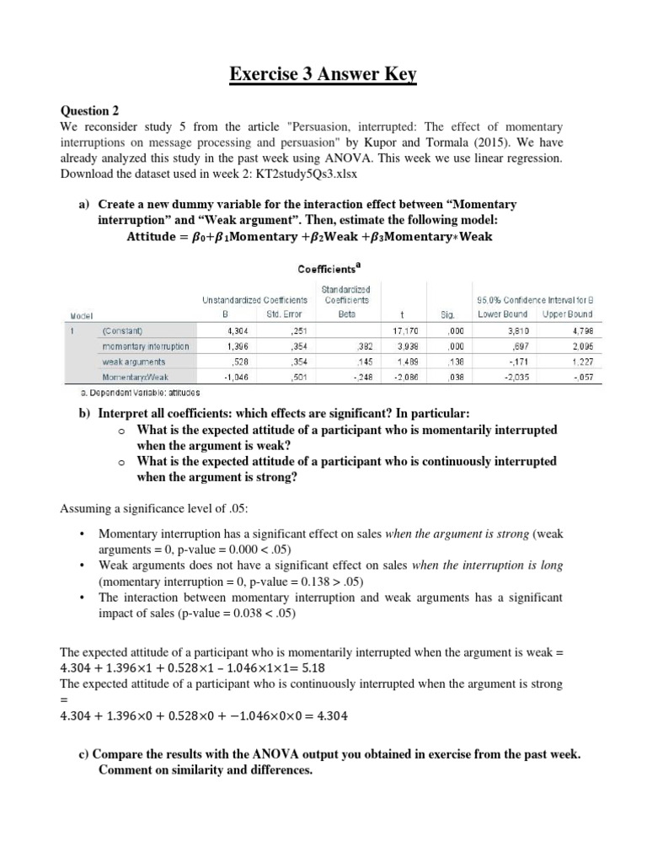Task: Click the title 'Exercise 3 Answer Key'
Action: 323,77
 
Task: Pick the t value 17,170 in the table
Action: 404,330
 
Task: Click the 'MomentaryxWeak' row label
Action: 135,378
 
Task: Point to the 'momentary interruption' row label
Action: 145,346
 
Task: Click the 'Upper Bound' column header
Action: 567,314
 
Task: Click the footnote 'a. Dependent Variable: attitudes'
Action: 136,393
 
